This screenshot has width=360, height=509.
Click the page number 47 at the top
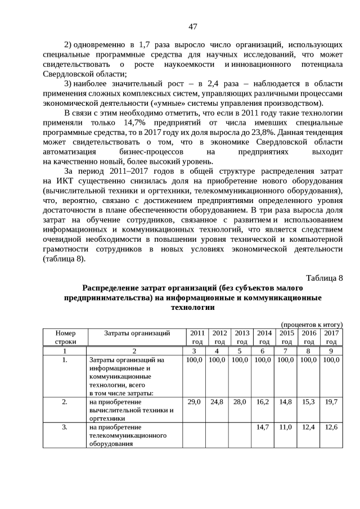click(192, 26)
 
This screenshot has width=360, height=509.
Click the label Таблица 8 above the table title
click(324, 278)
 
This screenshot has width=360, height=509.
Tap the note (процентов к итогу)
click(312, 325)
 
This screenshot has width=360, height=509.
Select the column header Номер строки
click(65, 337)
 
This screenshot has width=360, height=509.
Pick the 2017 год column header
click(331, 337)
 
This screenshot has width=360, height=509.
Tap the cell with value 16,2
click(263, 402)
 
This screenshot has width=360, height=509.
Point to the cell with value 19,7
click(331, 402)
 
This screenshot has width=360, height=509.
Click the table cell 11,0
click(286, 427)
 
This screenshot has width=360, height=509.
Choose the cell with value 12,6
click(331, 427)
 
